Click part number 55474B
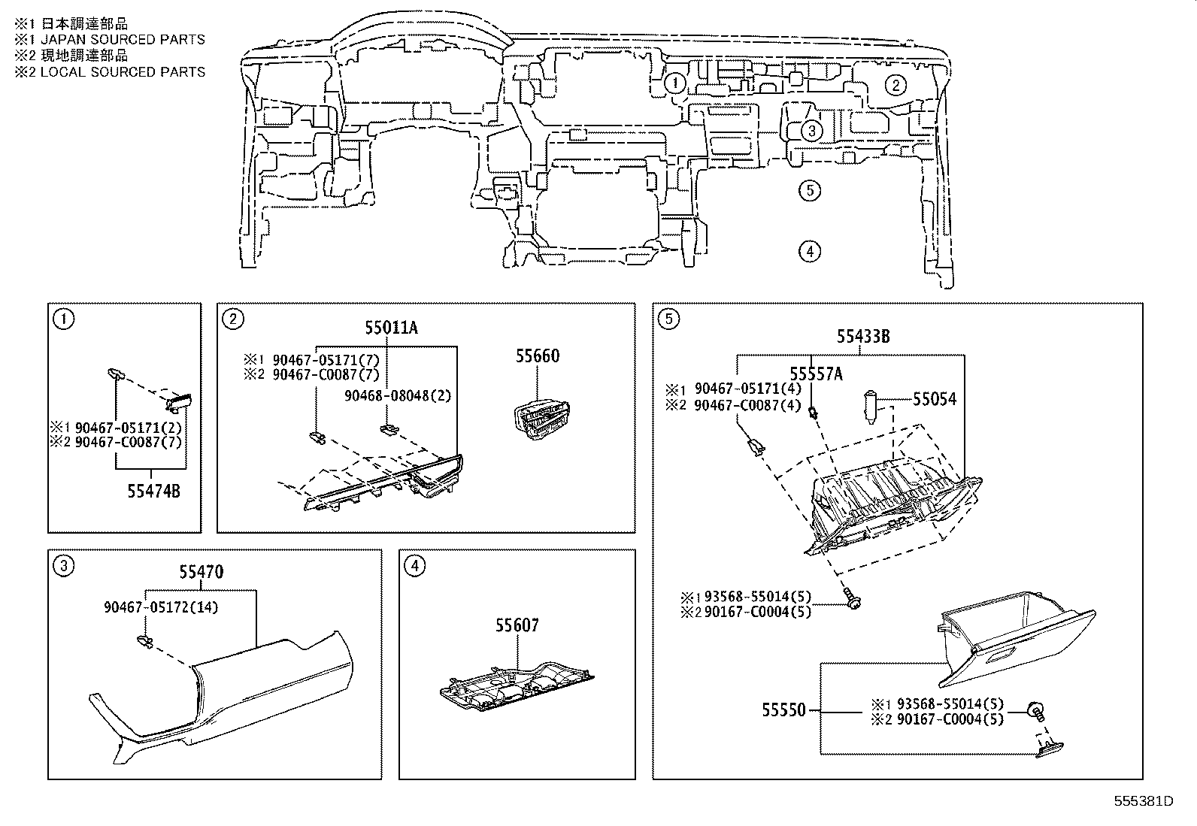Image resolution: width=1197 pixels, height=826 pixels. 153,492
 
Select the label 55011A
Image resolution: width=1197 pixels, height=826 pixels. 391,328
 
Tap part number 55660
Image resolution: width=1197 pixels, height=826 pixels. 537,356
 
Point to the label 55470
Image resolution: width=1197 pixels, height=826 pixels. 201,573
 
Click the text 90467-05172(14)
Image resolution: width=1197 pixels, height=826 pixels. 161,607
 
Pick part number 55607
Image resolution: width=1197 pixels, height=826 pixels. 517,625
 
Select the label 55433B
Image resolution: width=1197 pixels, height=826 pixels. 863,337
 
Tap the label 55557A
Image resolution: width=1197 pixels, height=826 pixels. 816,374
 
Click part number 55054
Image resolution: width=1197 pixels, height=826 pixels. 935,400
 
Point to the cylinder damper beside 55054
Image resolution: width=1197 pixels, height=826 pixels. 871,407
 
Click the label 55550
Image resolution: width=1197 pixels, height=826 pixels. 783,710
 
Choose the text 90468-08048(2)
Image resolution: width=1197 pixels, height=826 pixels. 398,395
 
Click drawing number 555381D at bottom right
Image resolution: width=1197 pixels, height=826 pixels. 1143,800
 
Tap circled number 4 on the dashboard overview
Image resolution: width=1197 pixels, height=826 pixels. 809,251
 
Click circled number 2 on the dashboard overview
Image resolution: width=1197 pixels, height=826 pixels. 895,85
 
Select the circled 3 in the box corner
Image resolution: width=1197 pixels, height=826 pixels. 65,566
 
